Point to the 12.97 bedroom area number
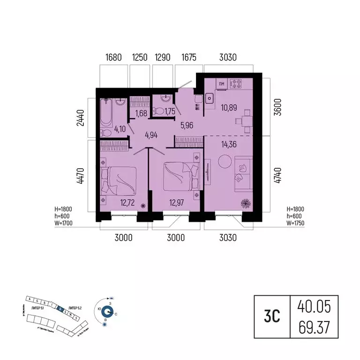pyautogui.click(x=175, y=202)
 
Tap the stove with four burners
pyautogui.click(x=236, y=84)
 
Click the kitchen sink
pyautogui.click(x=209, y=98)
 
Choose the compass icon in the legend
pyautogui.click(x=108, y=311)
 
